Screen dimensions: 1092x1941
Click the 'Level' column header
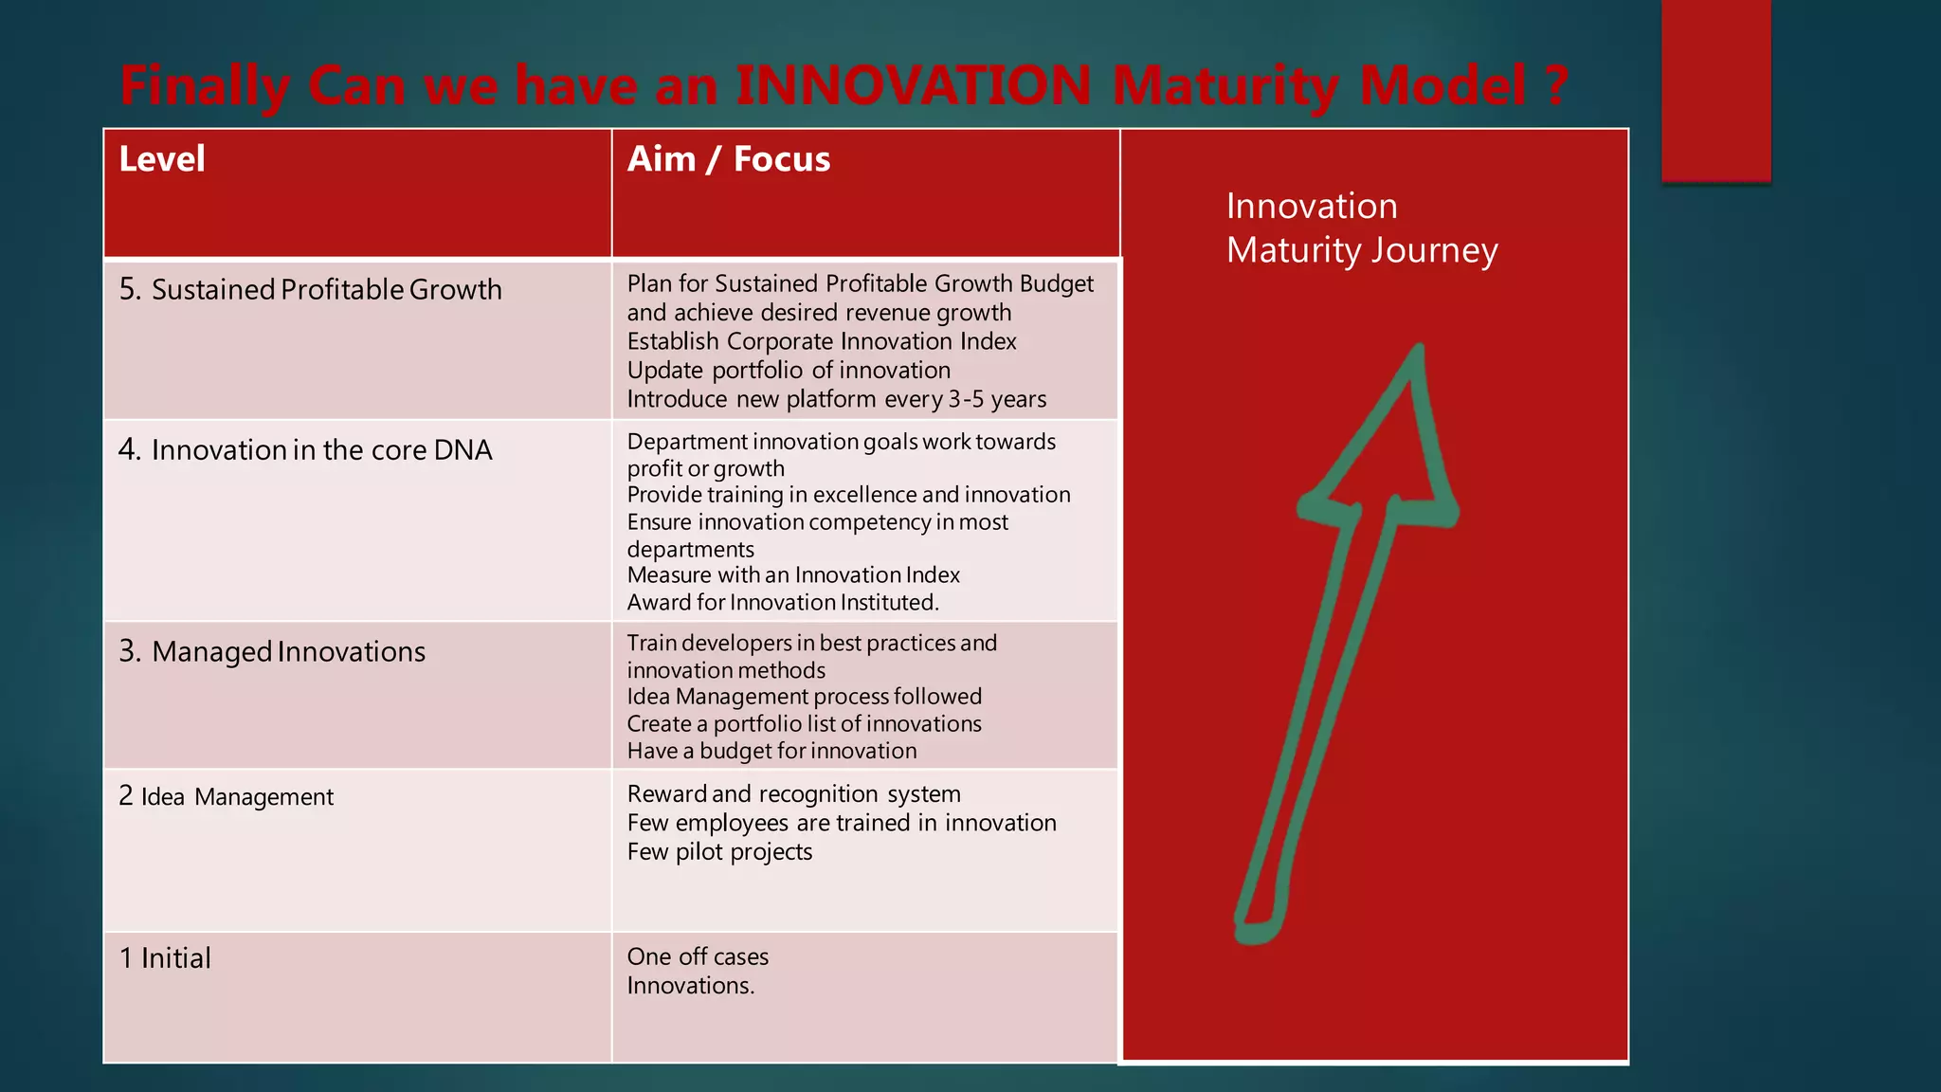162,159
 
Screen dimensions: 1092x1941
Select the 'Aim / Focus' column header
728,159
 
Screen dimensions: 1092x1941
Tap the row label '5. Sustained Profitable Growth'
310,289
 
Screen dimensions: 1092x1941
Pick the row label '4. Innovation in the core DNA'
305,449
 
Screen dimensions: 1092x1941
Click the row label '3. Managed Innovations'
272,651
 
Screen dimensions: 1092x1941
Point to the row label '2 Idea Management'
227,796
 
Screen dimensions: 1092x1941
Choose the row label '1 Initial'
165,958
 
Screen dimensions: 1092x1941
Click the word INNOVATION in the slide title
914,85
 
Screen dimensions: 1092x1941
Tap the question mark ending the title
1555,85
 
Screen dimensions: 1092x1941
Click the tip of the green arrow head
1419,349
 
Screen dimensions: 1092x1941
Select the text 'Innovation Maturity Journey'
1362,227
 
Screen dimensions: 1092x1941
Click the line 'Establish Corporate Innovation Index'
822,341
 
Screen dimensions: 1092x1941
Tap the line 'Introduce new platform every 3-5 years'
837,399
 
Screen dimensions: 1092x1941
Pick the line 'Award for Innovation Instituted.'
783,602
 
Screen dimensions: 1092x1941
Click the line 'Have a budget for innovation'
771,751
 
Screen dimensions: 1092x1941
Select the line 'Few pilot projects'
719,851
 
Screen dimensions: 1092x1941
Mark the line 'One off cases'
698,956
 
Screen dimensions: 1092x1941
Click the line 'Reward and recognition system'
793,793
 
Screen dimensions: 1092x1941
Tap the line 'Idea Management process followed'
804,696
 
